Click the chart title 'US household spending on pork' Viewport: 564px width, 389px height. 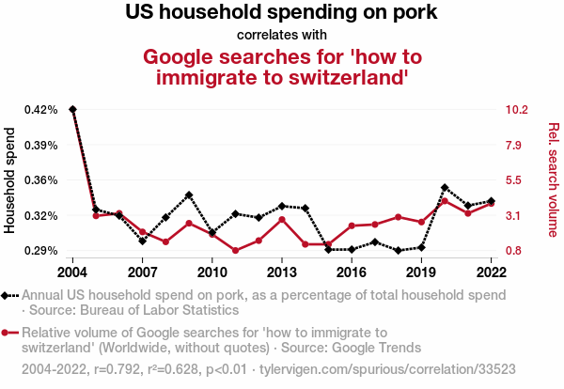282,14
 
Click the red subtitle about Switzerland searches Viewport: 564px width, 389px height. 282,66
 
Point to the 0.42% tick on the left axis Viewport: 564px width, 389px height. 41,110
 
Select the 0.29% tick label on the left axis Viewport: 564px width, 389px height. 41,251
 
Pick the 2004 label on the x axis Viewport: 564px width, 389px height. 72,272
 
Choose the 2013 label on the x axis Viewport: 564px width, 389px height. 282,272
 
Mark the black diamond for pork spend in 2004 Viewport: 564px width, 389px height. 72,110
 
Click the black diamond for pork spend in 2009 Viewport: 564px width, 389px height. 189,195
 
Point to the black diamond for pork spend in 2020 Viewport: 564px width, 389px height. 445,188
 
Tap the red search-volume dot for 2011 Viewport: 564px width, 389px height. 235,251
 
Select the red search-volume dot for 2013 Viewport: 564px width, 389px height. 282,219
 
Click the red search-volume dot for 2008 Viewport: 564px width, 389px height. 165,242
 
